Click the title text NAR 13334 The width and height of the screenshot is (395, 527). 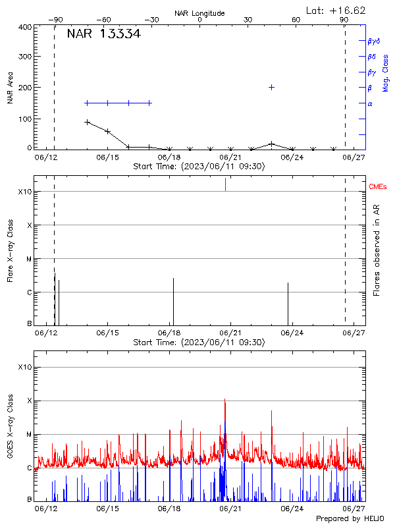(x=103, y=34)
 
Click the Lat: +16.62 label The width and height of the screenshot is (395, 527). (x=336, y=11)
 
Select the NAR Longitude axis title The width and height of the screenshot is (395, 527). (x=199, y=13)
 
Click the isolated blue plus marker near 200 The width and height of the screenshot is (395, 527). (x=271, y=87)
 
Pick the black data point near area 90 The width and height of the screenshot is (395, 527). (x=87, y=122)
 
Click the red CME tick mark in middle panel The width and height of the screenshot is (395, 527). (x=225, y=184)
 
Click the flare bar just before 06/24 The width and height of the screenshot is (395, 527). (x=288, y=303)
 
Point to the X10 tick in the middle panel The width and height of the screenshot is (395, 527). (x=25, y=192)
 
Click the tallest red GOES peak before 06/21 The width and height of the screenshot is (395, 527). (x=225, y=401)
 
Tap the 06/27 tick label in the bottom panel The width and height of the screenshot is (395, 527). (x=354, y=509)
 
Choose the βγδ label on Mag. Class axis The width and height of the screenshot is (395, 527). (x=374, y=41)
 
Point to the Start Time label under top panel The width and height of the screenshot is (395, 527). (x=199, y=167)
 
